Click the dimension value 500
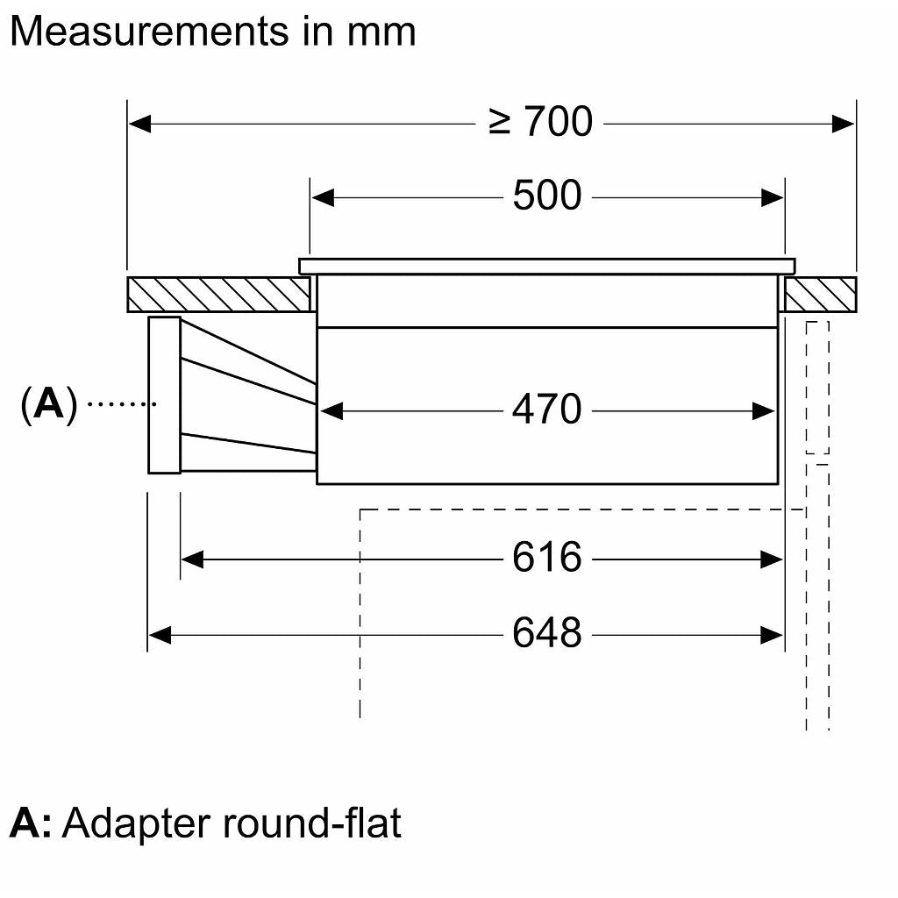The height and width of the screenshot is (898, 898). pyautogui.click(x=546, y=196)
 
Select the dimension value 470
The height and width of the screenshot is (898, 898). pyautogui.click(x=546, y=410)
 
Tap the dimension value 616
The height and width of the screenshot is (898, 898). pyautogui.click(x=546, y=558)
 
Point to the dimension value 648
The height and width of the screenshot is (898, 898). pyautogui.click(x=546, y=632)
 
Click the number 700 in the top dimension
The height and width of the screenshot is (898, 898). pyautogui.click(x=559, y=122)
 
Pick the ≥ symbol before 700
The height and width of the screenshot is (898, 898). pyautogui.click(x=500, y=123)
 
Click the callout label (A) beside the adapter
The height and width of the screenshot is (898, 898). pyautogui.click(x=49, y=404)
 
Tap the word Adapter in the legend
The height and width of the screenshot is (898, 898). pyautogui.click(x=137, y=824)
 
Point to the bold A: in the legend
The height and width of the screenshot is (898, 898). pyautogui.click(x=31, y=824)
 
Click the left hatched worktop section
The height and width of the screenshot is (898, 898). pyautogui.click(x=218, y=295)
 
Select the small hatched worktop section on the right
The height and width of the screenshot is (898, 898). pyautogui.click(x=820, y=295)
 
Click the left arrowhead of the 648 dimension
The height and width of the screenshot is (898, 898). pyautogui.click(x=159, y=633)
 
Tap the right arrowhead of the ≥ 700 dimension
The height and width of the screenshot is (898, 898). pyautogui.click(x=844, y=124)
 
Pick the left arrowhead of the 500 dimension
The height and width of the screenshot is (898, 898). pyautogui.click(x=323, y=197)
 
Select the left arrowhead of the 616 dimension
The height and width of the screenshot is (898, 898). pyautogui.click(x=192, y=559)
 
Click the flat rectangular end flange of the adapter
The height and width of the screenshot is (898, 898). pyautogui.click(x=164, y=396)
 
